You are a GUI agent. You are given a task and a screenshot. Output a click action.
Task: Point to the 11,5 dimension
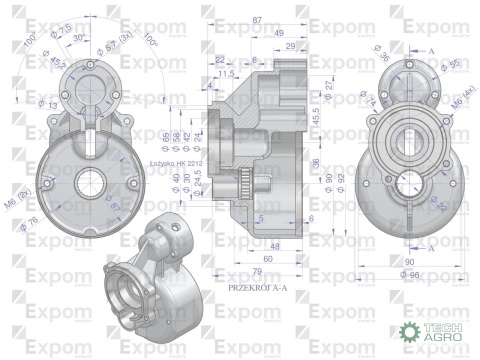[x=227, y=74]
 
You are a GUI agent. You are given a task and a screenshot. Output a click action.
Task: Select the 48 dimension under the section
[x=271, y=243]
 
